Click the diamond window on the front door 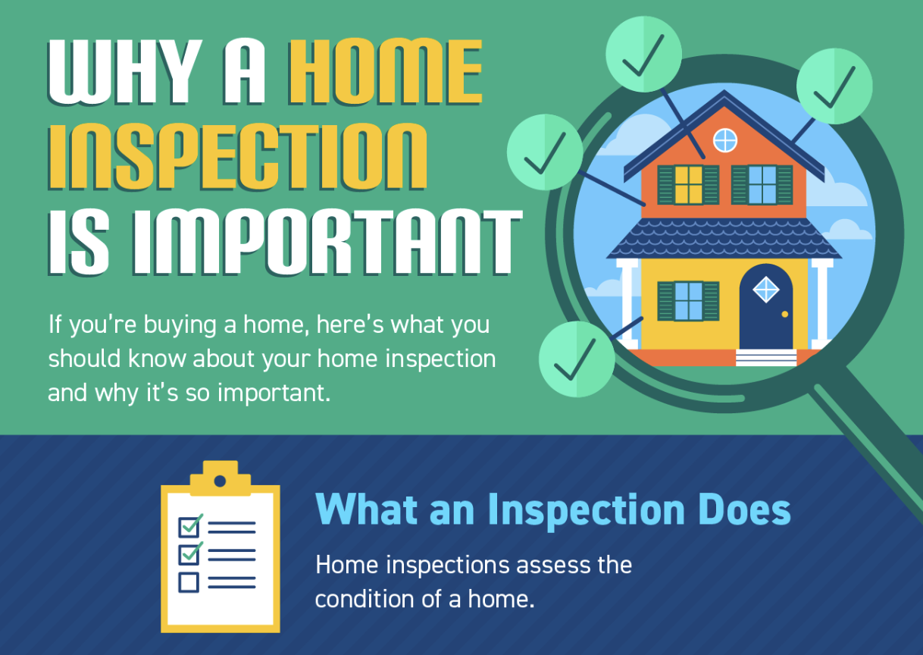click(765, 289)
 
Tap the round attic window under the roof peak click(725, 139)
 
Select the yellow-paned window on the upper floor click(689, 184)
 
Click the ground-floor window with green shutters click(688, 300)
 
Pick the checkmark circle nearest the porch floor click(576, 359)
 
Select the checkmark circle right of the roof click(834, 86)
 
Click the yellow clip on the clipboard click(220, 480)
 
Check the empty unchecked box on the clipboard click(188, 582)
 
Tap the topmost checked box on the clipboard click(188, 525)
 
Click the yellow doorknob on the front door click(784, 314)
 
